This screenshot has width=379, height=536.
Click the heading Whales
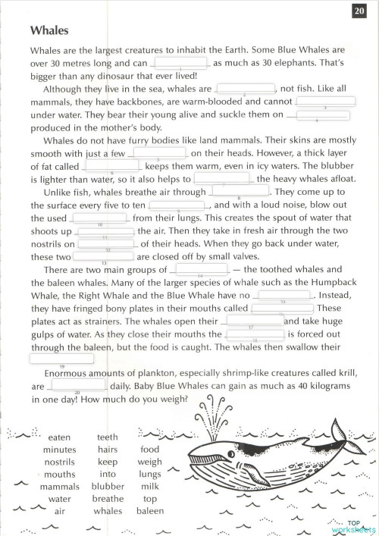click(49, 31)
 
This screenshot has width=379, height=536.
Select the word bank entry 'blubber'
click(108, 486)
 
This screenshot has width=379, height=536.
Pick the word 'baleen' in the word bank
click(149, 511)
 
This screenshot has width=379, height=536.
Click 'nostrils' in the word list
click(59, 462)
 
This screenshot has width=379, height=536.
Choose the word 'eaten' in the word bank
click(59, 437)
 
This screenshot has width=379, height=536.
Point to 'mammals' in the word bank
click(59, 486)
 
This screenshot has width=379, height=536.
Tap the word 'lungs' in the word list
click(150, 474)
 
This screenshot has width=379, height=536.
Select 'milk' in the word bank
click(150, 486)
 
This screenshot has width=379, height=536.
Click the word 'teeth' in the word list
click(108, 437)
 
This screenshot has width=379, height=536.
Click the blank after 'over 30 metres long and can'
click(180, 63)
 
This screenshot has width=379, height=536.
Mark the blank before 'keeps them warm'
click(111, 165)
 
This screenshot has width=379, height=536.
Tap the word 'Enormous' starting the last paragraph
click(66, 373)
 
